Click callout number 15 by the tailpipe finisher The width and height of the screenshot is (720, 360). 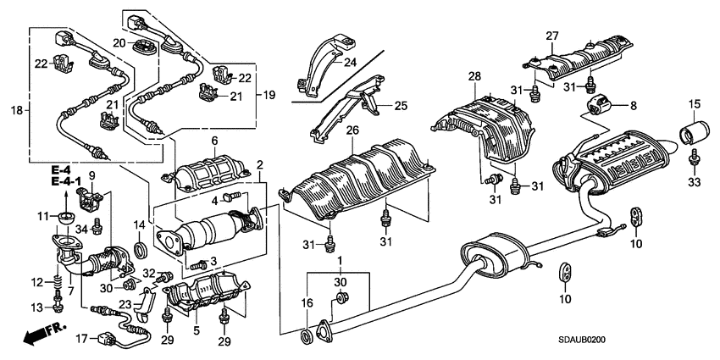[x=694, y=104]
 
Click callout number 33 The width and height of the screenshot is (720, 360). [x=694, y=180]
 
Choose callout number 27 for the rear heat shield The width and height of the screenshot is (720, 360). [x=551, y=36]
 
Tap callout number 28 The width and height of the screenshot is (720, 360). [x=475, y=77]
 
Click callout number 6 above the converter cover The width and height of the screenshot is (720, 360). [x=214, y=140]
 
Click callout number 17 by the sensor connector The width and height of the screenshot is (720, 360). [x=81, y=340]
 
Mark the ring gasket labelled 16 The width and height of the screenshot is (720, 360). [x=305, y=339]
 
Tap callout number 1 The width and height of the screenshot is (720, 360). [x=340, y=260]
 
